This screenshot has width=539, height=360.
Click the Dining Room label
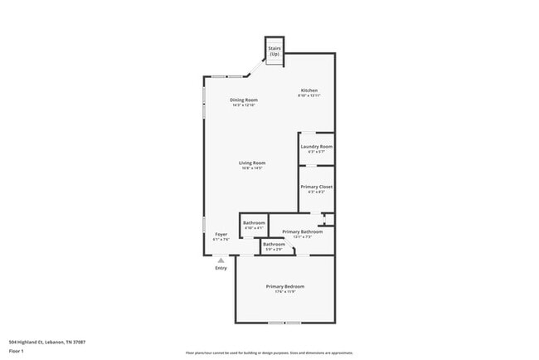point(244,100)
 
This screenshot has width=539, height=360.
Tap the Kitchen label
point(308,90)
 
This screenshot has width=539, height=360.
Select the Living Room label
point(251,163)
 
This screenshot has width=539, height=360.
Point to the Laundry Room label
point(316,147)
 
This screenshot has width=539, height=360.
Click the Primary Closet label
point(316,187)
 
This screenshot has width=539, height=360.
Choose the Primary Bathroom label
point(302,231)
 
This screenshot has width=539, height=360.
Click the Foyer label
point(221,234)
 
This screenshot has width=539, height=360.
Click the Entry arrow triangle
point(221,260)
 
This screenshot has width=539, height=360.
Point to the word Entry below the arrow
point(221,268)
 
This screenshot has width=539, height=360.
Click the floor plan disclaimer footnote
point(269,352)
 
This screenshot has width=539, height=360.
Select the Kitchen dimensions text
point(308,96)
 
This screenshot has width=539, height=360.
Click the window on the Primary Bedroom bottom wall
point(284,323)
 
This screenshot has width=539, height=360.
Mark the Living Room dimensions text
point(251,168)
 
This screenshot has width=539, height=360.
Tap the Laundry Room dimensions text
point(316,152)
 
